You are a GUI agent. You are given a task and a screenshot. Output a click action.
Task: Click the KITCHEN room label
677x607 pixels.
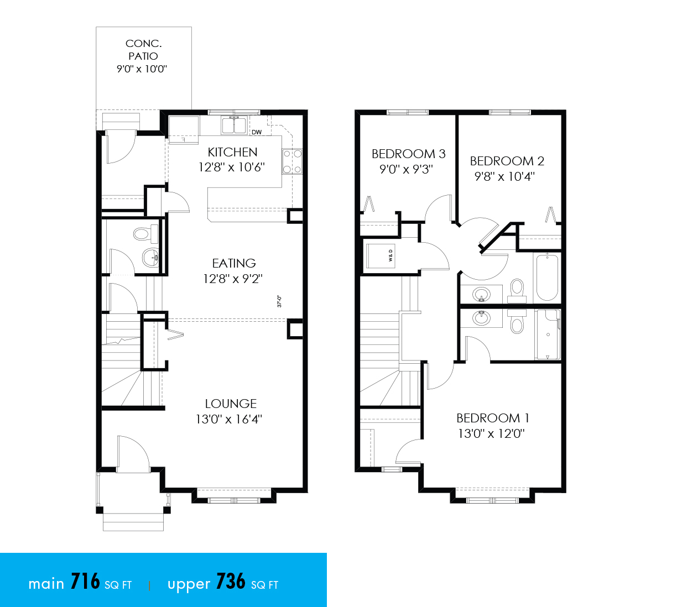coord(232,153)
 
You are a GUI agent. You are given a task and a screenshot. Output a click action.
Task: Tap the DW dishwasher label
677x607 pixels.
coord(256,132)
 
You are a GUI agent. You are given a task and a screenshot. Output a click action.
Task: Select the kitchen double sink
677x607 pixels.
coord(233,125)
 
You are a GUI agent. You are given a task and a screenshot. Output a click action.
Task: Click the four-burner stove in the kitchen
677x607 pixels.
coord(292,161)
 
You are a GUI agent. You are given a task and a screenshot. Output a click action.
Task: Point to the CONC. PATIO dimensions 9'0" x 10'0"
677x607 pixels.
coord(142,69)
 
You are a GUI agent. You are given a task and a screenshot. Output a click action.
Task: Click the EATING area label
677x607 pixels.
coord(234,263)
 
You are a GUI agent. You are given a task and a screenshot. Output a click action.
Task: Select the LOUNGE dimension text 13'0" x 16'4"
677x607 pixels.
coord(229,419)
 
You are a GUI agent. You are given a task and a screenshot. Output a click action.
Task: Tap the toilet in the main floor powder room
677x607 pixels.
coord(146,233)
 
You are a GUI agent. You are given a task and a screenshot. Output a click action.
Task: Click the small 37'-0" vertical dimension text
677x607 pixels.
coord(279,301)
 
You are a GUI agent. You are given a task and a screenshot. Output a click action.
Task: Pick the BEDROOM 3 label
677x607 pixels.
coord(408,154)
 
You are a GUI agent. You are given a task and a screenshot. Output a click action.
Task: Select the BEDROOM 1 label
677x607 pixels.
coord(493,418)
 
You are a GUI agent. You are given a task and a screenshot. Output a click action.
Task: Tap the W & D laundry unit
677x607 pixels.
coord(381,256)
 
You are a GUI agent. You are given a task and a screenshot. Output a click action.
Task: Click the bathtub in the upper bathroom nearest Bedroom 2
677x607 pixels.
coord(547,278)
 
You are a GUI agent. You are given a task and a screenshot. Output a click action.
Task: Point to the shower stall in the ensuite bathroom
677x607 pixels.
coord(548,334)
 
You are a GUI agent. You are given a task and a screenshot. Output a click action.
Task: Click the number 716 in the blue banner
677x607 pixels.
coord(85,582)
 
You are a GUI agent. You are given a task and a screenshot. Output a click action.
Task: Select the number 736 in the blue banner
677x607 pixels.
coord(231,582)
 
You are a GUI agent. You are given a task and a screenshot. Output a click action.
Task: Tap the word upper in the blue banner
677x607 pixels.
coord(189,585)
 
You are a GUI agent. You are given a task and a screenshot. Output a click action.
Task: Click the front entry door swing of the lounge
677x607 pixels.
coord(133,454)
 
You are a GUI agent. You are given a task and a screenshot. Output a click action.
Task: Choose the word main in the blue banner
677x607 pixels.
coord(46,584)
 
